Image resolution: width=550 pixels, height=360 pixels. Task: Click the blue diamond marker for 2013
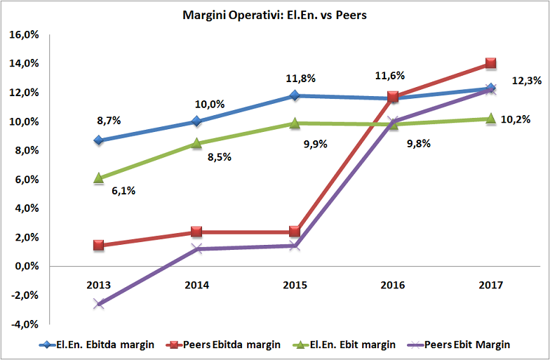99,140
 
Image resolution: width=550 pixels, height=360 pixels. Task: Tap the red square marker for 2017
491,64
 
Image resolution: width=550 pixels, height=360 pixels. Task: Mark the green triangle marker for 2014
197,143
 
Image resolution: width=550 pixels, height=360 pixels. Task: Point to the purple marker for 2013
99,304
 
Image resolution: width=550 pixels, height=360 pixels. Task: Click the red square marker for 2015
295,232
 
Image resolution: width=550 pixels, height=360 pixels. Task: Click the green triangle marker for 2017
491,119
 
